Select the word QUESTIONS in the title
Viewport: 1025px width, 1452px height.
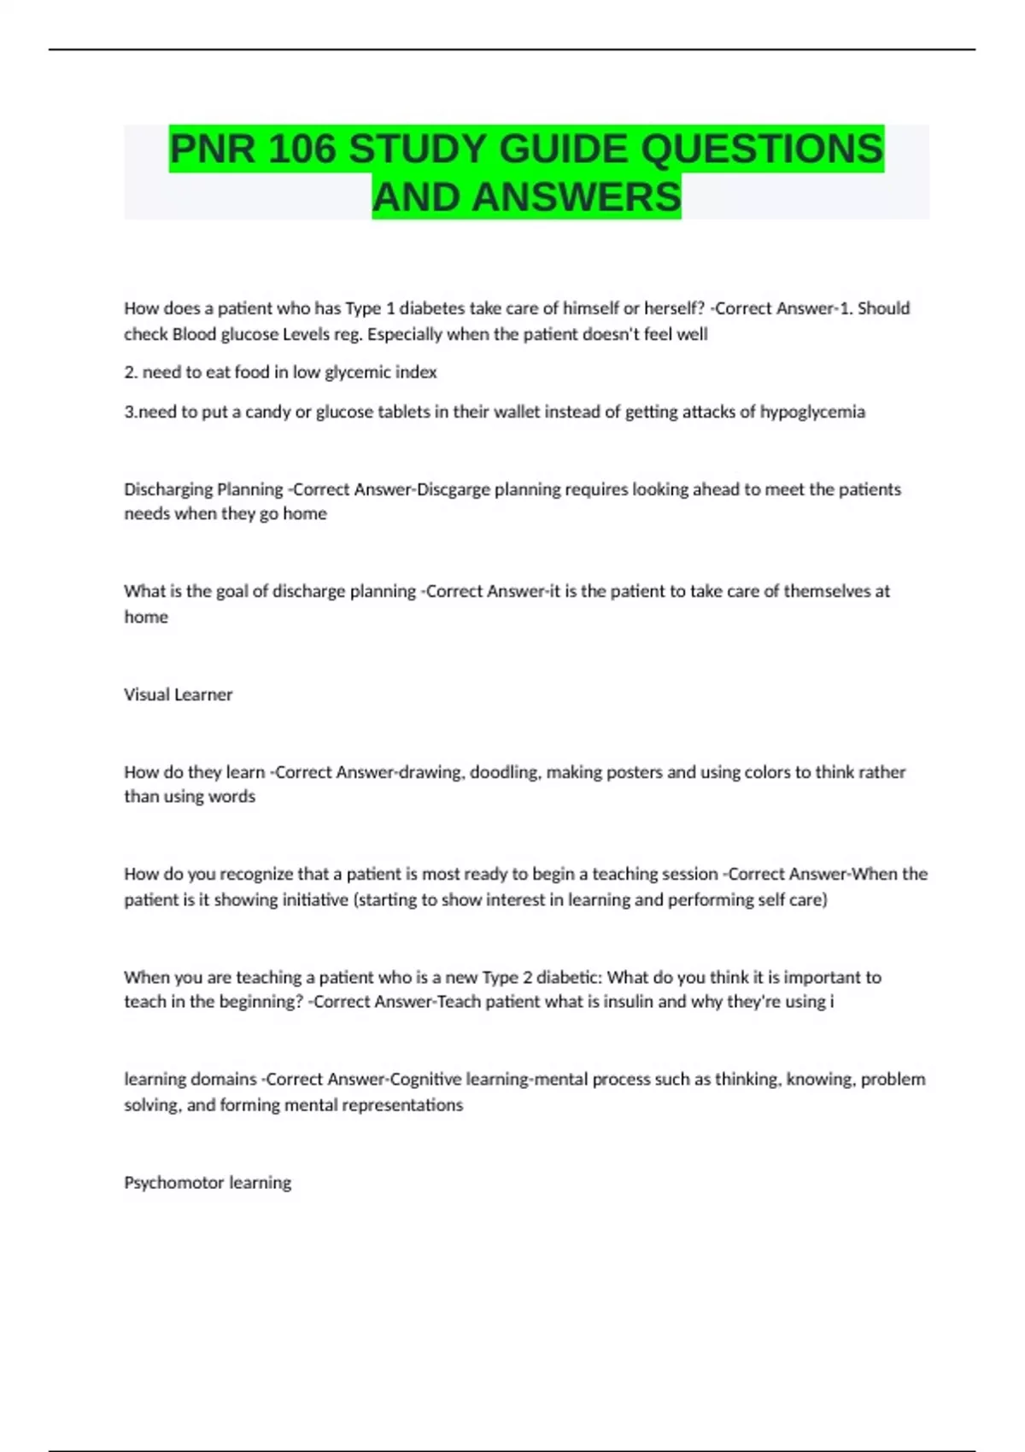pyautogui.click(x=762, y=149)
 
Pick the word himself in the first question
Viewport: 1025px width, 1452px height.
pyautogui.click(x=591, y=308)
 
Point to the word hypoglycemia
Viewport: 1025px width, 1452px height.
pyautogui.click(x=812, y=412)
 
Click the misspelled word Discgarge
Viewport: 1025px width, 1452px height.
pyautogui.click(x=453, y=489)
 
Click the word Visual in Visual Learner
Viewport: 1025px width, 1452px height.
pyautogui.click(x=147, y=694)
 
